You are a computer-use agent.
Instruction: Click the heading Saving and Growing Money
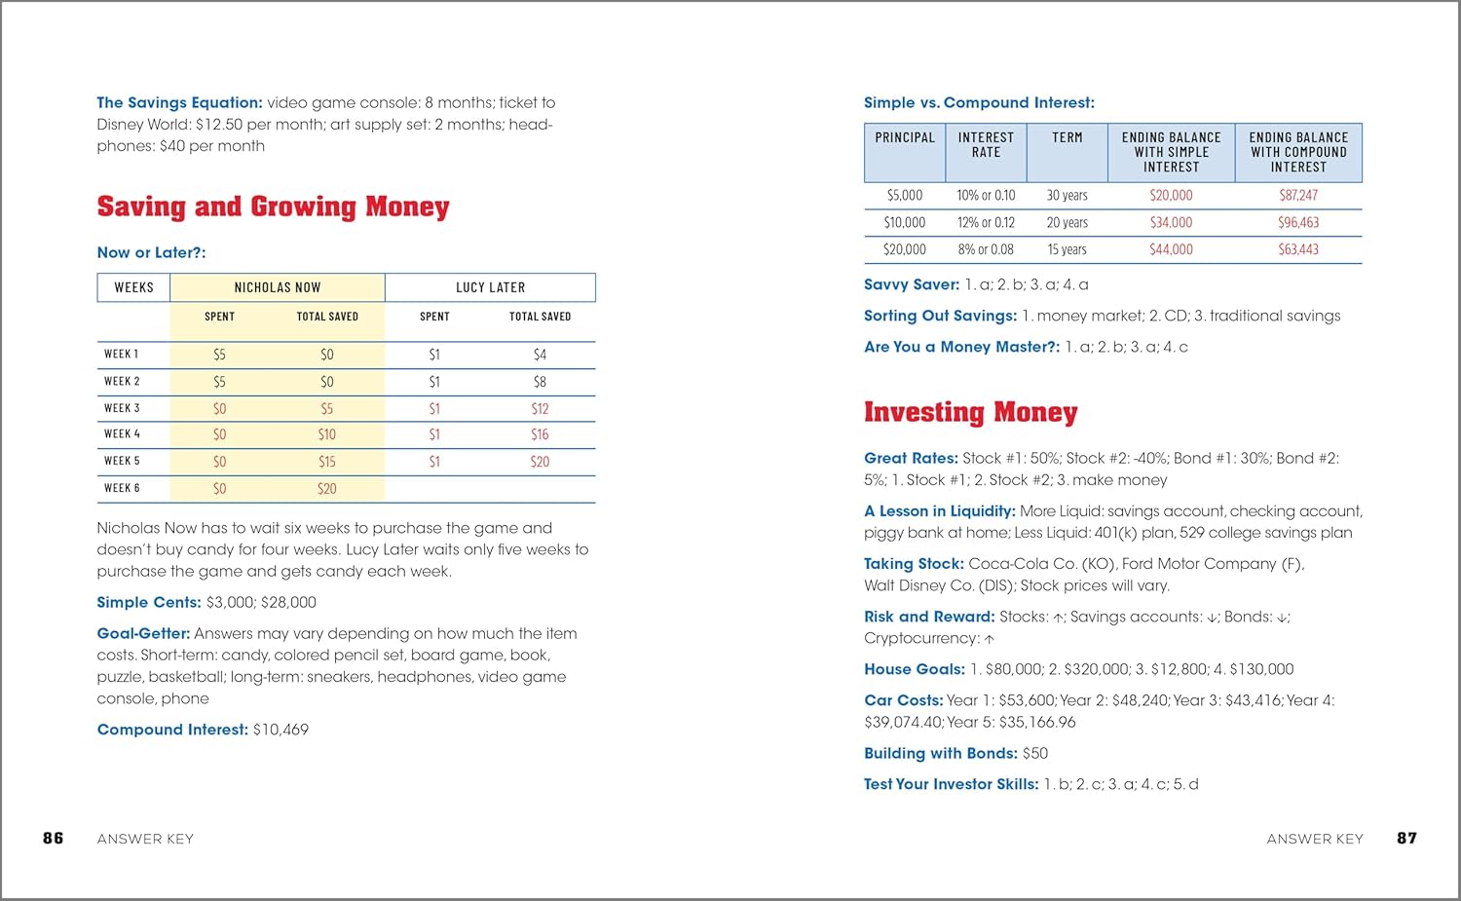[273, 207]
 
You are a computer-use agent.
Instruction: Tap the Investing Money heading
[970, 413]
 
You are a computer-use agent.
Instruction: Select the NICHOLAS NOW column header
[278, 287]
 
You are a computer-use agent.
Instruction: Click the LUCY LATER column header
[490, 287]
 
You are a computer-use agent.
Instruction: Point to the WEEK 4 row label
[123, 434]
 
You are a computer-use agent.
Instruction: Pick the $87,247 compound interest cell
[1298, 195]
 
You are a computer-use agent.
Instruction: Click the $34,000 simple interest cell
[1171, 222]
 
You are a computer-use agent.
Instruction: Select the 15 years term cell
[1067, 249]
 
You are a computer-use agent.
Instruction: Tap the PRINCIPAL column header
[904, 138]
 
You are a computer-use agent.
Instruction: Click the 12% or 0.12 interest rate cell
[986, 222]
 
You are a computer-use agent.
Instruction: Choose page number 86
[54, 838]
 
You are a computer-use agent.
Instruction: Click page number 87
[1406, 838]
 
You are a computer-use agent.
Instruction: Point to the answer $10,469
[281, 730]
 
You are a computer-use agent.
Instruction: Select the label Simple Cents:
[149, 602]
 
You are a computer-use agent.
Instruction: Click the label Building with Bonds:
[940, 753]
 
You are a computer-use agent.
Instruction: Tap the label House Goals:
[914, 669]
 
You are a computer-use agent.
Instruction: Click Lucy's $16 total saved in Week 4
[540, 434]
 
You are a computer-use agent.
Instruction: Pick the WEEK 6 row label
[123, 488]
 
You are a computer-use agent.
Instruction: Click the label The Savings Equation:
[179, 102]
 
